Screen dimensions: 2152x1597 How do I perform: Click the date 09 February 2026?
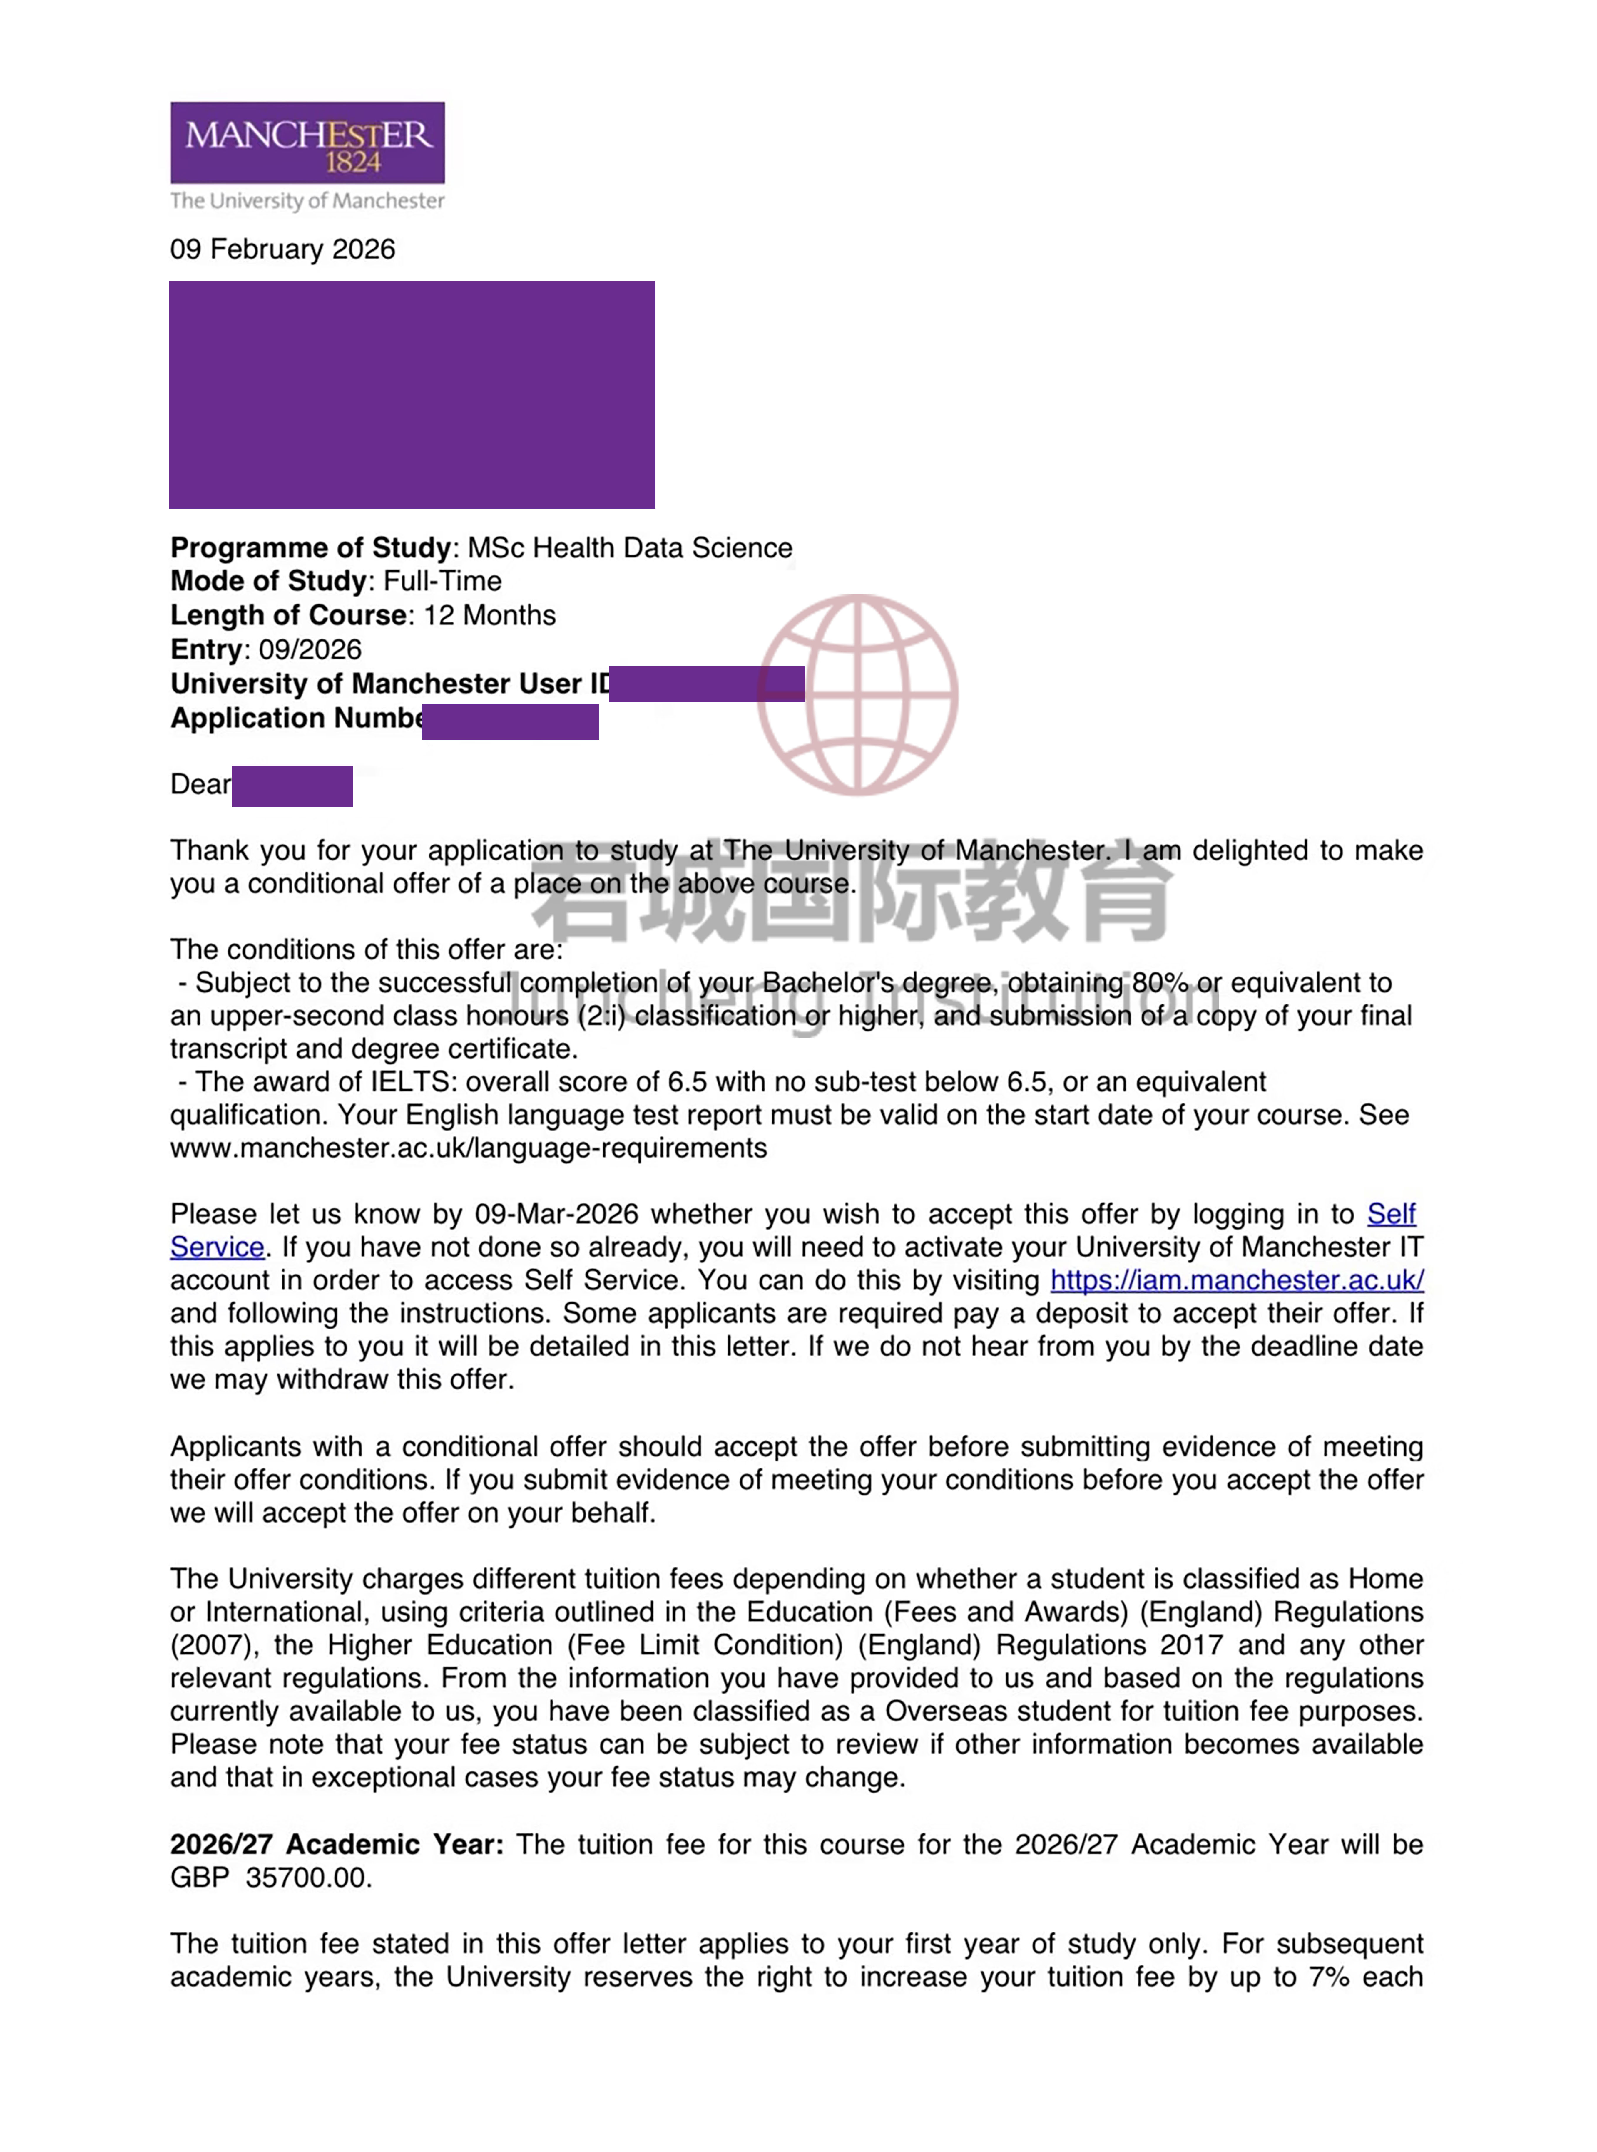[x=282, y=249]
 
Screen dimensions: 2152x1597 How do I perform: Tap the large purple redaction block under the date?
[x=412, y=394]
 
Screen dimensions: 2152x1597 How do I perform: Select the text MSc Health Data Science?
[x=629, y=548]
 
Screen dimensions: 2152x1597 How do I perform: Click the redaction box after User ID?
[x=707, y=683]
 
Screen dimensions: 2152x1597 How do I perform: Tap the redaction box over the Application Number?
[x=510, y=721]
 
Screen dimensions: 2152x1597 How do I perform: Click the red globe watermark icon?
[x=857, y=694]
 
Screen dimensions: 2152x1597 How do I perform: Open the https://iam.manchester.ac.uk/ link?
[x=1236, y=1280]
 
